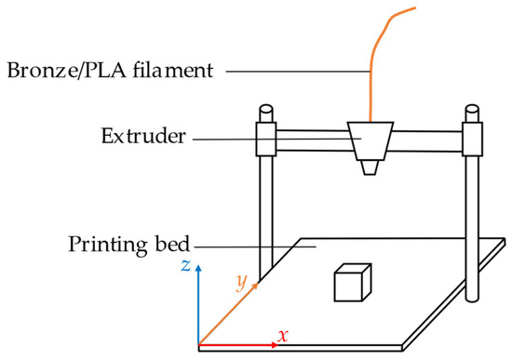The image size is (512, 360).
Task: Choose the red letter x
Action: pyautogui.click(x=285, y=334)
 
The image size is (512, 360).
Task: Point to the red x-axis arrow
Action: pyautogui.click(x=237, y=344)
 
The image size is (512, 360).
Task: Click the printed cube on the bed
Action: pyautogui.click(x=351, y=283)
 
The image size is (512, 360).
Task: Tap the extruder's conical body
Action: pyautogui.click(x=371, y=140)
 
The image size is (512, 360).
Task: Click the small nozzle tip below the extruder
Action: pyautogui.click(x=371, y=167)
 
